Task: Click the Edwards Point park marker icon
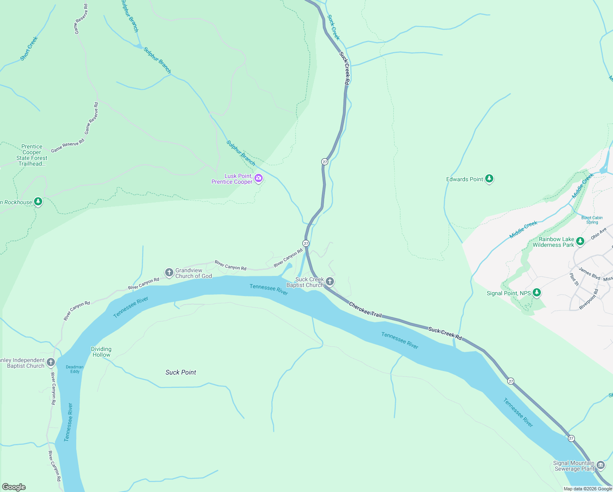[x=489, y=179]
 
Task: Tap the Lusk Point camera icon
[x=258, y=178]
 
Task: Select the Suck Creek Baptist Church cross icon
[x=330, y=282]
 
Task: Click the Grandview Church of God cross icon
[x=169, y=272]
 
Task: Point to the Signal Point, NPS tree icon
[x=537, y=293]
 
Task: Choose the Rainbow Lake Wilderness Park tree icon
[x=580, y=241]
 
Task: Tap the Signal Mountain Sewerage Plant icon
[x=601, y=465]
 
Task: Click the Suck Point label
[x=181, y=372]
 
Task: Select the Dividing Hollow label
[x=101, y=352]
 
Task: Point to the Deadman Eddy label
[x=75, y=369]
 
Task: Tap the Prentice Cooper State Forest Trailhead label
[x=32, y=155]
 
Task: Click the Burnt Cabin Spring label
[x=592, y=220]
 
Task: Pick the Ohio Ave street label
[x=598, y=234]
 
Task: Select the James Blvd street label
[x=589, y=273]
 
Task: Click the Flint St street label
[x=574, y=280]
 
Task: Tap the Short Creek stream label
[x=29, y=48]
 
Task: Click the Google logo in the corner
[x=14, y=487]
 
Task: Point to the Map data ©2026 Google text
[x=588, y=489]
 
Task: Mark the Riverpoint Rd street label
[x=589, y=299]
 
